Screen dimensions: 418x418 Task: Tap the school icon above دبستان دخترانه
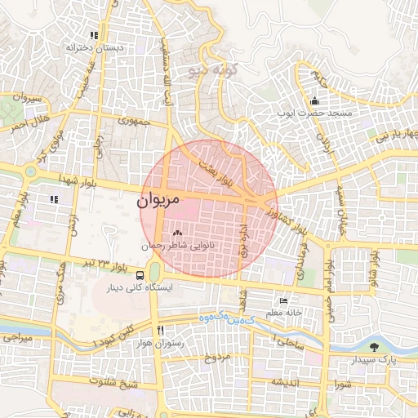pyautogui.click(x=95, y=35)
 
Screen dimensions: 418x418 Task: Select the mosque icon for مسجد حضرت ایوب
pyautogui.click(x=314, y=101)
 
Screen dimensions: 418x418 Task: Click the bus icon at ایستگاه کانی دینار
pyautogui.click(x=142, y=275)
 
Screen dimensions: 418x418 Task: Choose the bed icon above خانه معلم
pyautogui.click(x=283, y=300)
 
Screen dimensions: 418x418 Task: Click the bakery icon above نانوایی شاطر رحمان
pyautogui.click(x=177, y=233)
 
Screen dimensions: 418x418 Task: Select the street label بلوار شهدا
pyautogui.click(x=91, y=183)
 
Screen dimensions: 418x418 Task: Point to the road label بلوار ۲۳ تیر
pyautogui.click(x=103, y=264)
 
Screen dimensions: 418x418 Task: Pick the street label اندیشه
pyautogui.click(x=288, y=382)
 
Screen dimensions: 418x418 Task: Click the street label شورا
pyautogui.click(x=340, y=381)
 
